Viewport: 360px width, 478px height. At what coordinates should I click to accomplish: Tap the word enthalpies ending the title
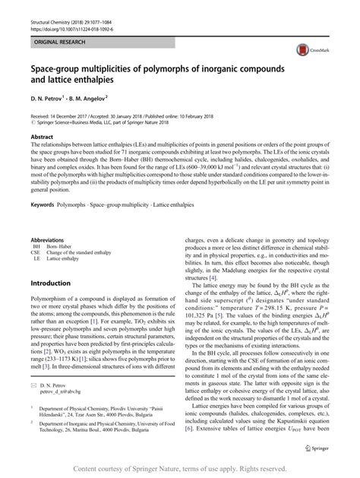91,81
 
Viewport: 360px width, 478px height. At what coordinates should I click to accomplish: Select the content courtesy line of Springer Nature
179,469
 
